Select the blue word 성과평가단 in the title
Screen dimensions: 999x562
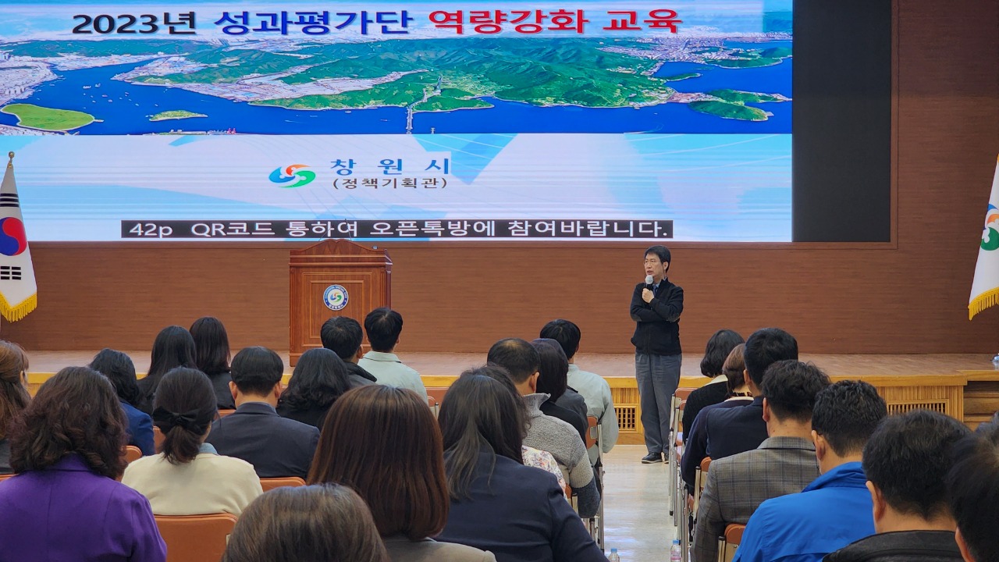311,23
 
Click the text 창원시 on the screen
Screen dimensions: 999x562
389,167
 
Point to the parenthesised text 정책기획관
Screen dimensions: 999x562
389,183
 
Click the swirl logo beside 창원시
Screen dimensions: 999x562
292,176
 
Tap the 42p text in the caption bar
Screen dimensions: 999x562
151,229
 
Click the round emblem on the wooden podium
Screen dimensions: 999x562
336,297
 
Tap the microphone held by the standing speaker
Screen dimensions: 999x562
649,281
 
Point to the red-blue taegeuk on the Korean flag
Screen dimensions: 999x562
12,237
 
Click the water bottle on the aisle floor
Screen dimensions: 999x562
676,551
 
